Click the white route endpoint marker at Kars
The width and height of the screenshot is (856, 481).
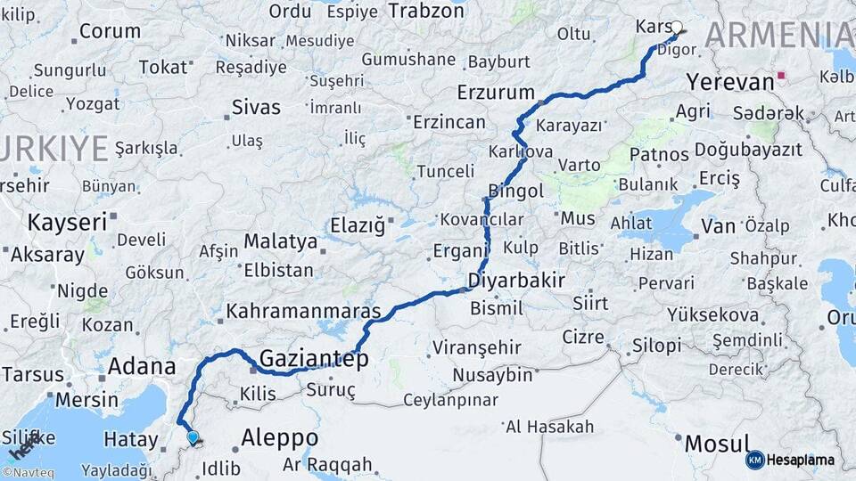pyautogui.click(x=677, y=27)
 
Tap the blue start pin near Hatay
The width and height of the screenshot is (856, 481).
pyautogui.click(x=193, y=436)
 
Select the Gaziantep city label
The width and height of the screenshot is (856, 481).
pyautogui.click(x=313, y=359)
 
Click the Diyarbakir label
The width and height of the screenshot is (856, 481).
pyautogui.click(x=516, y=281)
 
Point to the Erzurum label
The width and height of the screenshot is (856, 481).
pyautogui.click(x=495, y=93)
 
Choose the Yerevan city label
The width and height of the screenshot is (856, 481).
pyautogui.click(x=730, y=83)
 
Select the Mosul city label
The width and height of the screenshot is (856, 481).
pyautogui.click(x=716, y=443)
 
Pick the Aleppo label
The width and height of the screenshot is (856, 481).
pyautogui.click(x=279, y=438)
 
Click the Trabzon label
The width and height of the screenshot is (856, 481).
pyautogui.click(x=426, y=11)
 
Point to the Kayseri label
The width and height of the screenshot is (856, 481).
pyautogui.click(x=67, y=222)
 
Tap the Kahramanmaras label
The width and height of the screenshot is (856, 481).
pyautogui.click(x=303, y=312)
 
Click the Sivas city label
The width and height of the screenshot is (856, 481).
pyautogui.click(x=256, y=108)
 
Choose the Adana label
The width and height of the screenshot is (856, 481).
pyautogui.click(x=142, y=366)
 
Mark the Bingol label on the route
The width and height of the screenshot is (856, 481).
pyautogui.click(x=516, y=191)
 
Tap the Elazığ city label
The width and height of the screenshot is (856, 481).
pyautogui.click(x=358, y=226)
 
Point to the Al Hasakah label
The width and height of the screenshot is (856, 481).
pyautogui.click(x=549, y=427)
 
